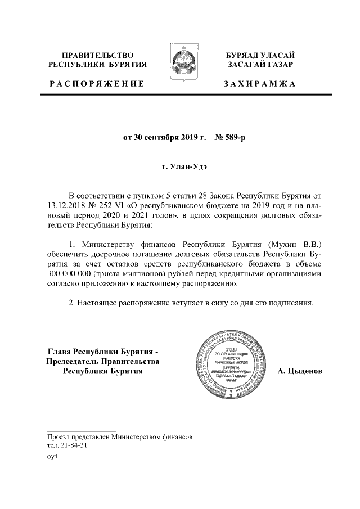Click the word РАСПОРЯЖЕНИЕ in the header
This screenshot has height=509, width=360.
pos(97,84)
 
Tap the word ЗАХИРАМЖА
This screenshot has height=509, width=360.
pos(259,84)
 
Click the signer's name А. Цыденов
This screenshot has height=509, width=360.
pos(301,372)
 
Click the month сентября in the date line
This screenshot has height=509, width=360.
pos(161,137)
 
